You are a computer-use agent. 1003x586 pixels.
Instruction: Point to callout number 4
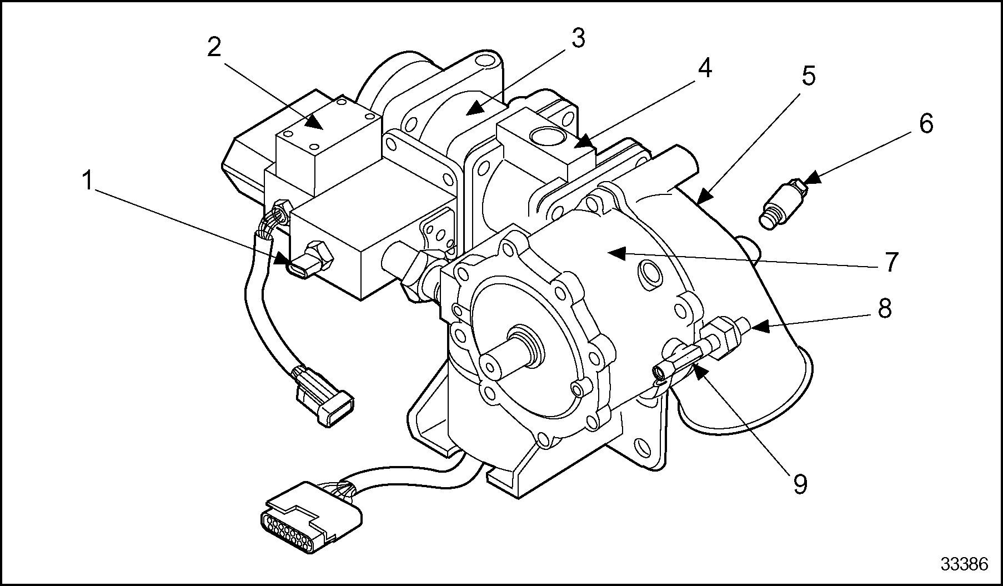click(704, 69)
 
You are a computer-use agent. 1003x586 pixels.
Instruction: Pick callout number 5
click(808, 75)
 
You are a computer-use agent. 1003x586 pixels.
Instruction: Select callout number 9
click(799, 483)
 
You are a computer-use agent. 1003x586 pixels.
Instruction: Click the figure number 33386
click(964, 564)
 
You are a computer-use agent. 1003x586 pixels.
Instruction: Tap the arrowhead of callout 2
click(316, 122)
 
